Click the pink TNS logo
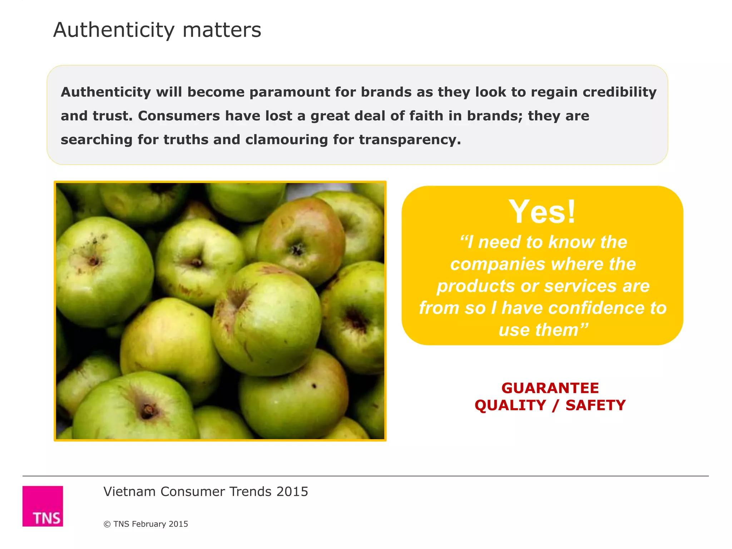43,506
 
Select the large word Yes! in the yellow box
542,212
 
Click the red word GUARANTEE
550,388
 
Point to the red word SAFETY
595,405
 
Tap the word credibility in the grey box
619,92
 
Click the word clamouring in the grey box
286,140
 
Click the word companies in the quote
498,264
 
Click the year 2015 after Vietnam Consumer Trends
292,492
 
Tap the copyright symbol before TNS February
107,524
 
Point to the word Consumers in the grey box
179,116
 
